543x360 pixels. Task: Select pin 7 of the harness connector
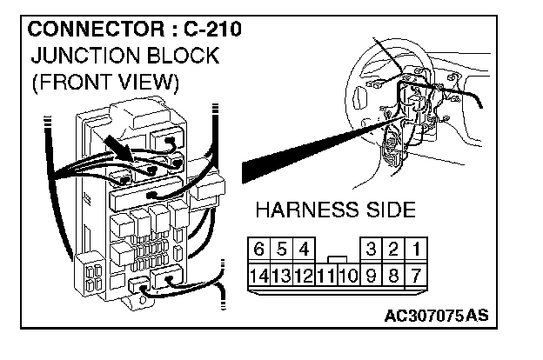tap(417, 276)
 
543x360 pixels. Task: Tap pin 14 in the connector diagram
tap(258, 276)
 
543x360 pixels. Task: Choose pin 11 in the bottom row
tap(325, 276)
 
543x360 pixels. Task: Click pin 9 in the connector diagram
tap(372, 276)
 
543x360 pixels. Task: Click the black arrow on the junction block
tap(118, 149)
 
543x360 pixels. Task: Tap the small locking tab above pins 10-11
tap(337, 258)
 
